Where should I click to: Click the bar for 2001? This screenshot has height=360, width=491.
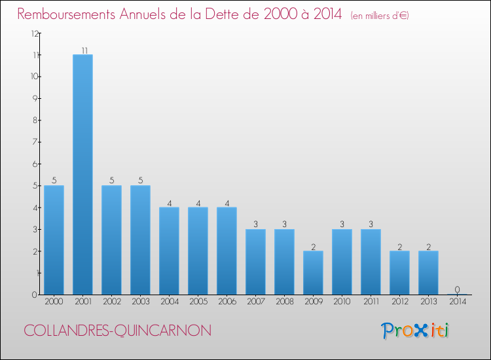(x=82, y=174)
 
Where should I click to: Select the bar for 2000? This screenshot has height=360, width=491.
(x=54, y=240)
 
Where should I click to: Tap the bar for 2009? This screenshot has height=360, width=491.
(x=313, y=272)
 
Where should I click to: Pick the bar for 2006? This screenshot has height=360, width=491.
(x=227, y=251)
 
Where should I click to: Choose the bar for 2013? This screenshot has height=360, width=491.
(x=428, y=272)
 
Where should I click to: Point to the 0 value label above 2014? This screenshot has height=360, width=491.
(x=457, y=290)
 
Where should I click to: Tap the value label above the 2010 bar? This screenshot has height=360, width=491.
(x=342, y=225)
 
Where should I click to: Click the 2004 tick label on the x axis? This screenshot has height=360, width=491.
(x=169, y=302)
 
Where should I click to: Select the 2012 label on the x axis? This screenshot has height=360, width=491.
(x=399, y=302)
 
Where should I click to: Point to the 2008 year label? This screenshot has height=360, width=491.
(x=284, y=302)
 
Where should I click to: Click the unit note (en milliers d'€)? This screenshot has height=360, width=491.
(x=380, y=16)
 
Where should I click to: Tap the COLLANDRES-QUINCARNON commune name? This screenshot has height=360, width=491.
(x=118, y=331)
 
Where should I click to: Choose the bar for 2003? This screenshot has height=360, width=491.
(x=140, y=240)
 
